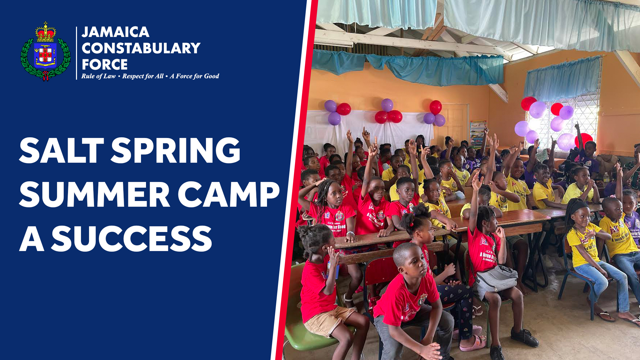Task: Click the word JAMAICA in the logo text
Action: point(115,32)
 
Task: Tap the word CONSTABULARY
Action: point(141,48)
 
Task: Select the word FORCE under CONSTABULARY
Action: point(105,64)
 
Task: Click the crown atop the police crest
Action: point(46,33)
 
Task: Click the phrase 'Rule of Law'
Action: point(98,76)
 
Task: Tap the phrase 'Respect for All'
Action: point(143,76)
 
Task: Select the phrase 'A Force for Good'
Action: point(194,76)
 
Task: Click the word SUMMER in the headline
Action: point(95,195)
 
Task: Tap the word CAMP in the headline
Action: point(229,195)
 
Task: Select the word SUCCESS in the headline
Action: point(131,239)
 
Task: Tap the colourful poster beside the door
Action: point(477,133)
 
